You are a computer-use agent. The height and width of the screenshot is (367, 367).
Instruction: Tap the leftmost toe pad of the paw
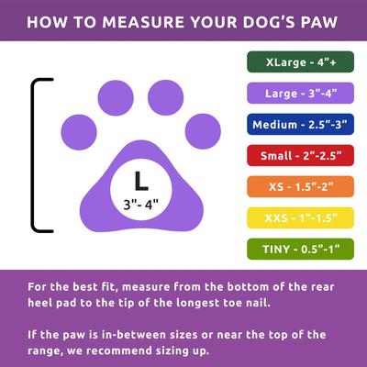coord(79,131)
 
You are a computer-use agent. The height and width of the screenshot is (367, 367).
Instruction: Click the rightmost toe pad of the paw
coord(203,131)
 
